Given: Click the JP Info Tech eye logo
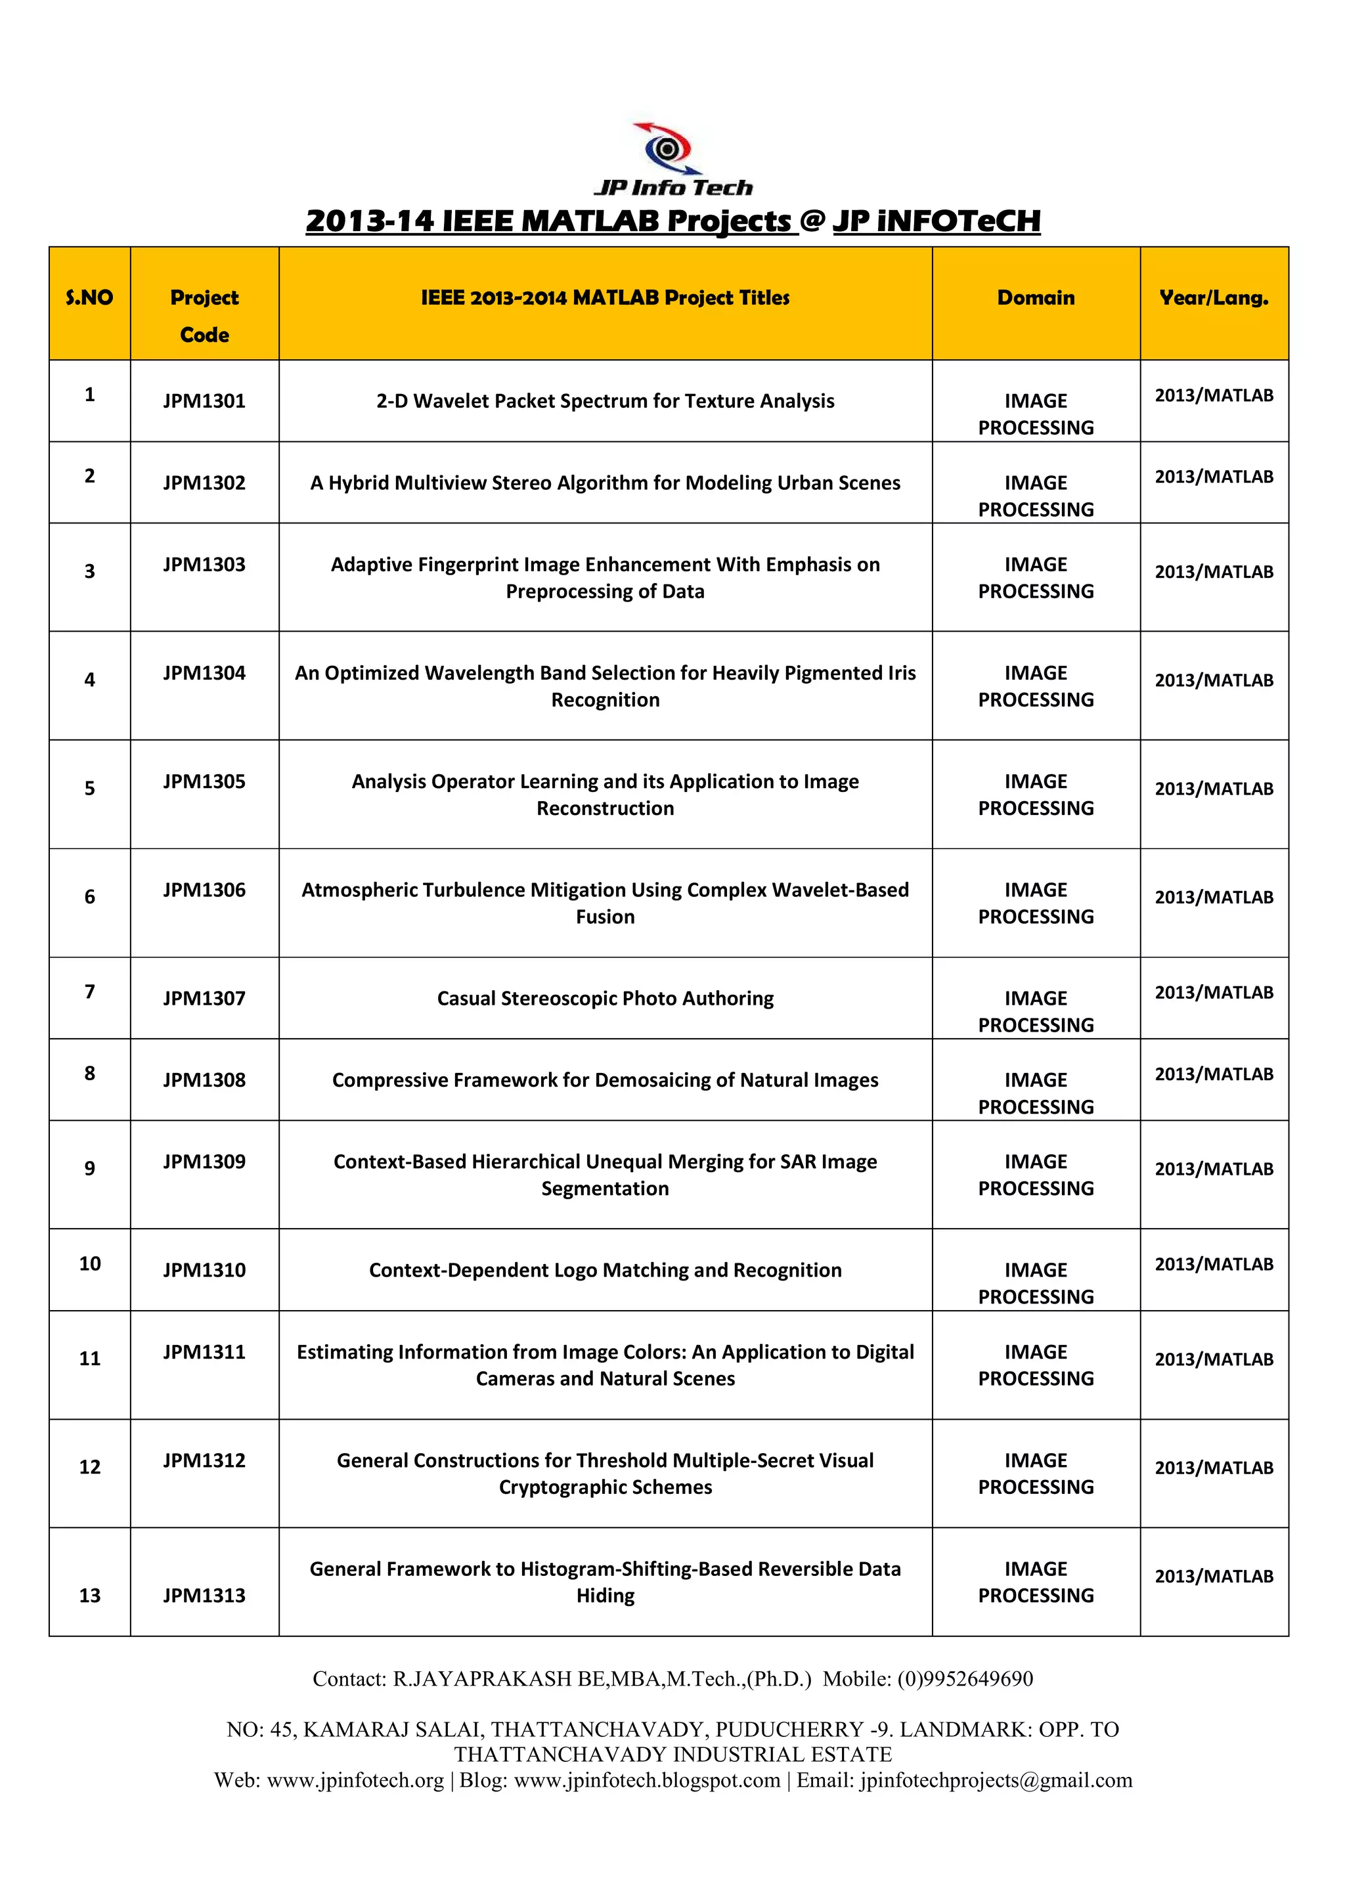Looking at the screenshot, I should [x=667, y=149].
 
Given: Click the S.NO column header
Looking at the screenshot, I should [x=89, y=297].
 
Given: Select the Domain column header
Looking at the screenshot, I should [x=1035, y=297].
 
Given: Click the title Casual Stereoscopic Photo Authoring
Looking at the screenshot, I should [x=605, y=998].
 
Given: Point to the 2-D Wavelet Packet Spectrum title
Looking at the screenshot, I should [x=605, y=401].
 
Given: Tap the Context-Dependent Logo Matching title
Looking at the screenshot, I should [x=605, y=1270].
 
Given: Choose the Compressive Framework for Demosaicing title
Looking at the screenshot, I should [x=605, y=1080].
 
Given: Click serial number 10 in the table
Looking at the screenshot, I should [x=89, y=1263].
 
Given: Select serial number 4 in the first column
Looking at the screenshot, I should [x=89, y=680].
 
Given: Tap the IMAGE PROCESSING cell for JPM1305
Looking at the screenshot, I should [x=1035, y=794].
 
